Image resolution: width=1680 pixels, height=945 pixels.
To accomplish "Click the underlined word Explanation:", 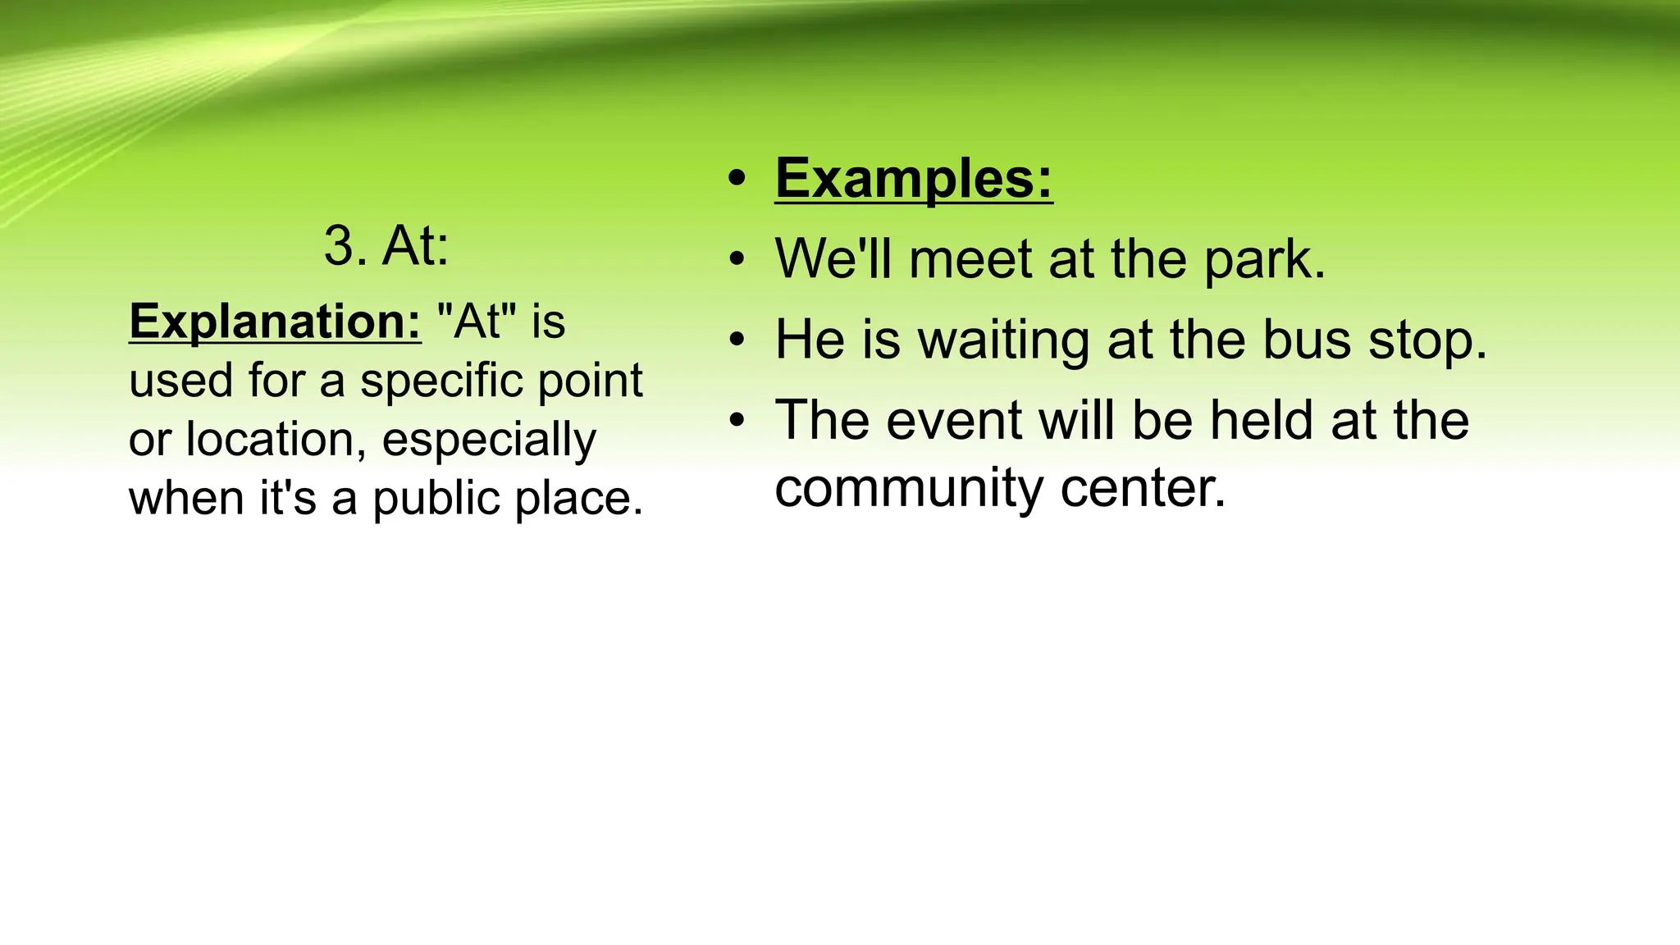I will [x=275, y=321].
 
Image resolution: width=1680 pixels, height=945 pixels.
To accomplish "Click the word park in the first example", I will [x=1264, y=261].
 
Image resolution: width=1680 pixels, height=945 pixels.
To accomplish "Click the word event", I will [x=954, y=421].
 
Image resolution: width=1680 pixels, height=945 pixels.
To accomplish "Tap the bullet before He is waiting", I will [x=737, y=340].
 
